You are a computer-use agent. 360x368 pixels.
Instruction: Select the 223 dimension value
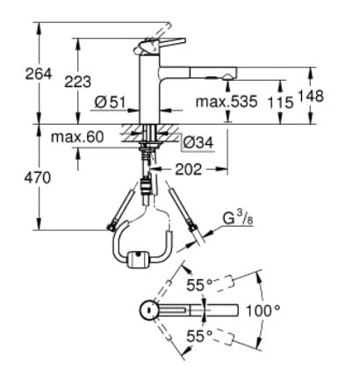[x=78, y=81]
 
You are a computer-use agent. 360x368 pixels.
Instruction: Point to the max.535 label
[x=227, y=102]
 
